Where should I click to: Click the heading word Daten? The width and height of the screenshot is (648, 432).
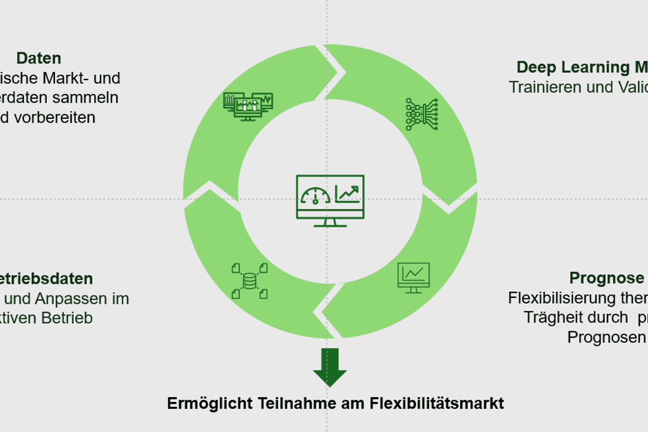[38, 58]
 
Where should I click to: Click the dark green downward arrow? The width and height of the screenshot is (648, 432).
[330, 367]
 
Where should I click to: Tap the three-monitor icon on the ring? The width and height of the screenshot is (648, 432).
[248, 106]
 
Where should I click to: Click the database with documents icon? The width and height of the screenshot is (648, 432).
[249, 281]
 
